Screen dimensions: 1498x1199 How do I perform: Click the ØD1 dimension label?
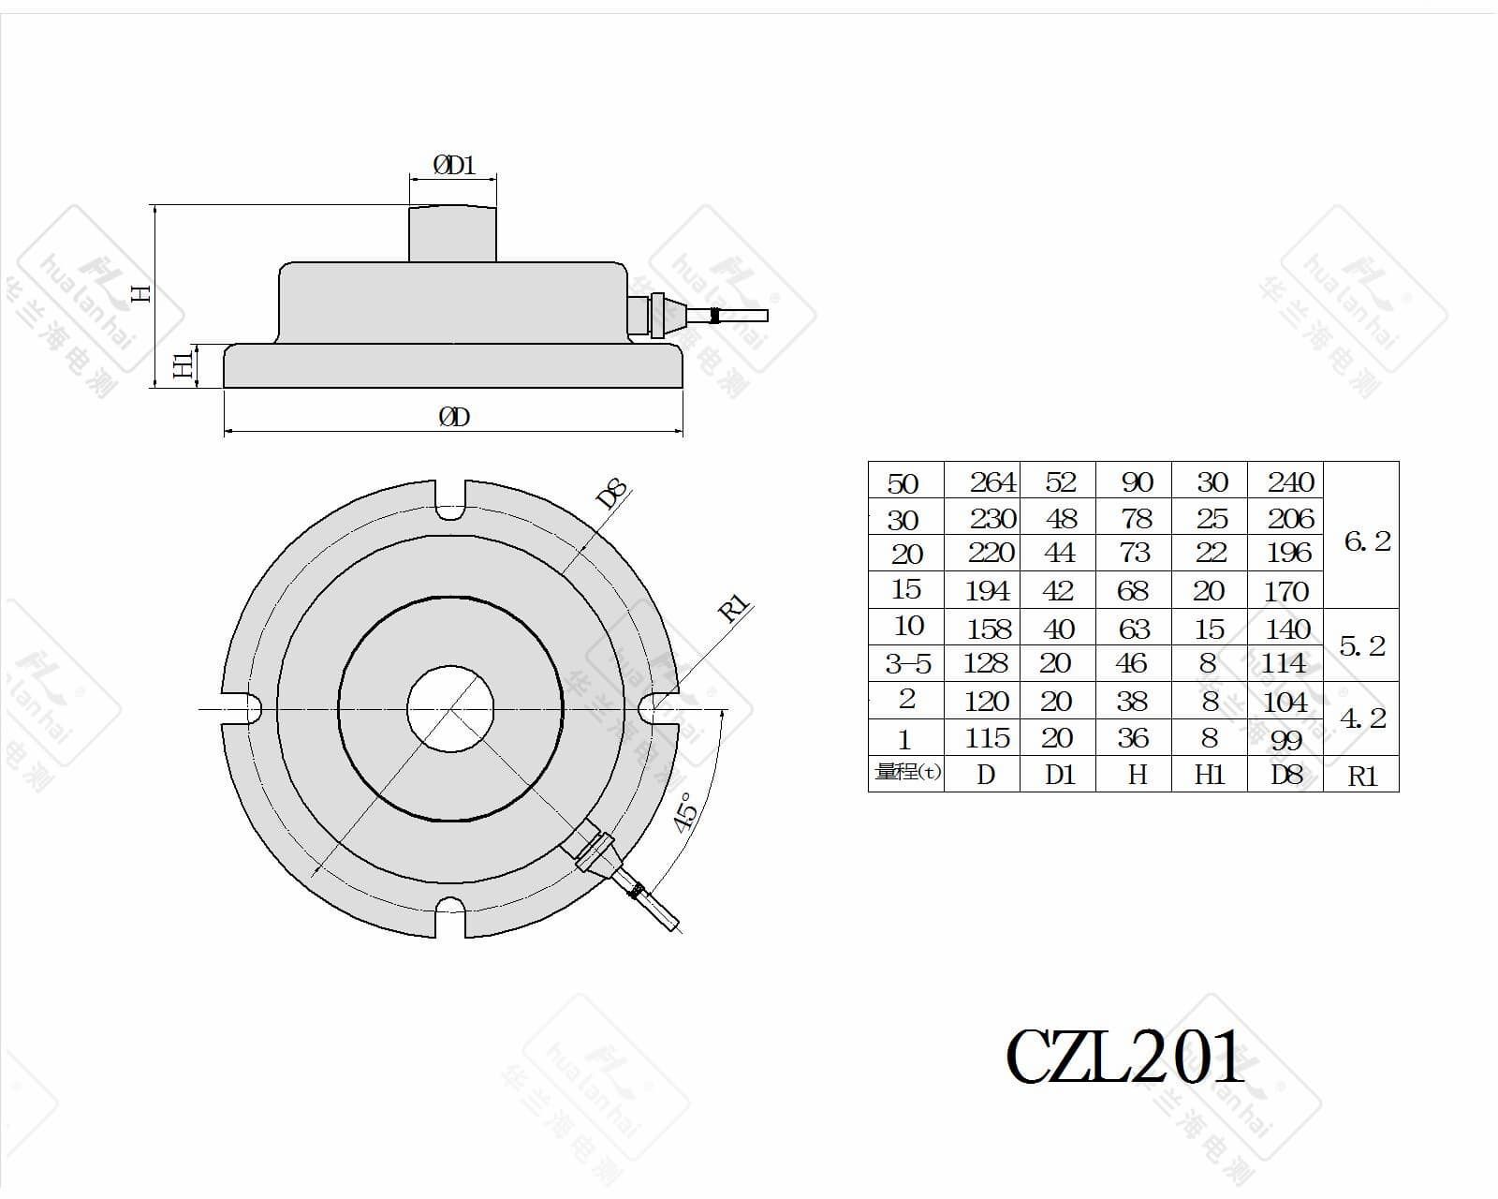(x=453, y=165)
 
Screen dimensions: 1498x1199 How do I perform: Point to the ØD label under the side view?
(x=454, y=417)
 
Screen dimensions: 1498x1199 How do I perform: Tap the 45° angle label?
(x=685, y=811)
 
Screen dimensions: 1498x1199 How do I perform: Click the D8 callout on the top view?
(x=612, y=494)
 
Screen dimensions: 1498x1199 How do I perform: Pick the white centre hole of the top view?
(x=450, y=708)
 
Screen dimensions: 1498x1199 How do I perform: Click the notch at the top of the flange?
(x=449, y=499)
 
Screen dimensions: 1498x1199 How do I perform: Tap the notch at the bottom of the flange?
(x=449, y=918)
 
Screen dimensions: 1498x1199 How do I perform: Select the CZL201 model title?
(x=1124, y=1057)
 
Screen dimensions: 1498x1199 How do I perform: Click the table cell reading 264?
(x=992, y=482)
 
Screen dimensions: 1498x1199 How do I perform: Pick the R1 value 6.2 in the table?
(x=1367, y=540)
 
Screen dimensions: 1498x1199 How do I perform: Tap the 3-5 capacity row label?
(x=908, y=663)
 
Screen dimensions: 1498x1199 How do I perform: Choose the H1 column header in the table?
(x=1209, y=774)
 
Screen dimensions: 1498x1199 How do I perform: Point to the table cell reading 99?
(x=1285, y=739)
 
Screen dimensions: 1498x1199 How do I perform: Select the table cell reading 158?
(x=989, y=629)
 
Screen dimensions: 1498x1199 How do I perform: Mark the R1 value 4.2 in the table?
(x=1363, y=718)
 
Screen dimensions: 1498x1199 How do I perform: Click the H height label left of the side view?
(x=142, y=292)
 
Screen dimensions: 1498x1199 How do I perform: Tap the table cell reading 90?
(x=1138, y=482)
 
